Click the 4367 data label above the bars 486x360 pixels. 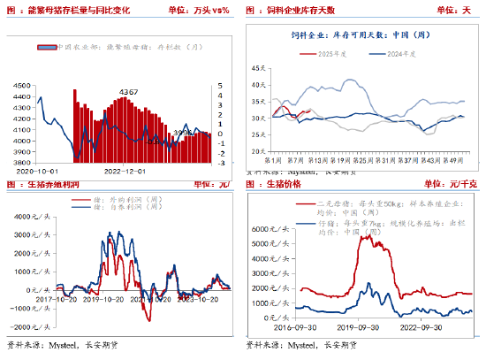[x=129, y=91]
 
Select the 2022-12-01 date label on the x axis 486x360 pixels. [x=125, y=172]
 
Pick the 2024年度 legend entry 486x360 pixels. [x=383, y=53]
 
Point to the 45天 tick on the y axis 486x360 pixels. [x=259, y=68]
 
